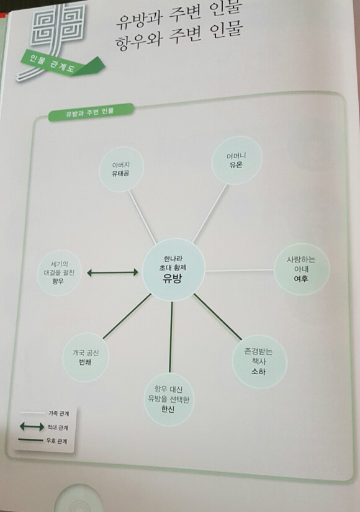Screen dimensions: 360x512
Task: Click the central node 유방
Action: point(174,270)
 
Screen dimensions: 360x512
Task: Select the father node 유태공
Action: point(121,169)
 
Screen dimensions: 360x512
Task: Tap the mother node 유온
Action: point(237,160)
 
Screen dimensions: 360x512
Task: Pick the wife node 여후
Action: point(301,269)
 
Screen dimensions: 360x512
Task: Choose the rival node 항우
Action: point(59,272)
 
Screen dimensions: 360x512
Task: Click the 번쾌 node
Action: point(86,357)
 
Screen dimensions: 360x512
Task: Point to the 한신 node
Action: point(169,399)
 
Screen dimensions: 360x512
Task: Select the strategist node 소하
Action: point(259,361)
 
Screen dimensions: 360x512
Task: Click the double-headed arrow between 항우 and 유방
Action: point(112,272)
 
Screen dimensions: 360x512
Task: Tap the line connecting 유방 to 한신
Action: point(171,337)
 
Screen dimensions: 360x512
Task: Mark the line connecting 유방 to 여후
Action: point(239,271)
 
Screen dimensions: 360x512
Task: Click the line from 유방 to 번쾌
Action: point(127,316)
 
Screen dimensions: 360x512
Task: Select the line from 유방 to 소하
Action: point(218,317)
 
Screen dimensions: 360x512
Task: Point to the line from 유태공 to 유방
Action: point(142,217)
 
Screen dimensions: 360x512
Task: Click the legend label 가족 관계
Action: point(59,413)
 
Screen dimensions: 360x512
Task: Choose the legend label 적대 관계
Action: point(58,427)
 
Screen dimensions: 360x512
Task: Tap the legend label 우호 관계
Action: point(56,441)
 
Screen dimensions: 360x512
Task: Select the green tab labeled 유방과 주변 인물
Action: point(91,112)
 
